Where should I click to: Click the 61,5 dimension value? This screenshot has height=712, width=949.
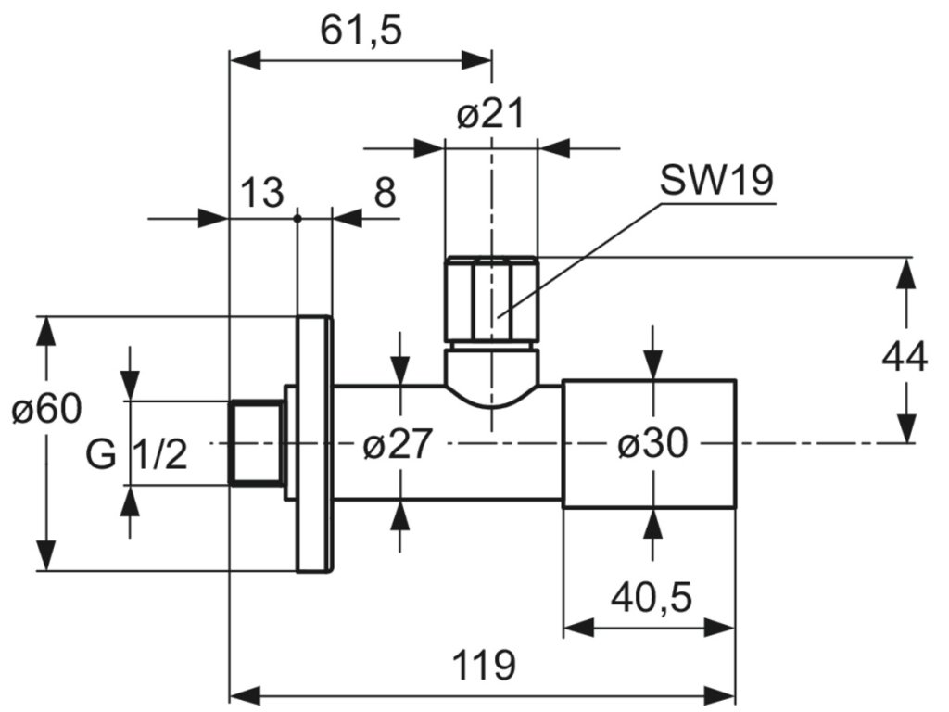[x=361, y=31]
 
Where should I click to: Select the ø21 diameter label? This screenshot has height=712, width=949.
[x=489, y=114]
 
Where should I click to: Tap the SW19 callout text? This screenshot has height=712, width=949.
[x=716, y=181]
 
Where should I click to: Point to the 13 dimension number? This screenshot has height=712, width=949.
[x=262, y=193]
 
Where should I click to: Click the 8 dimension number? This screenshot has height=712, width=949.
[x=385, y=193]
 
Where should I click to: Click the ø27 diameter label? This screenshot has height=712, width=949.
[x=398, y=444]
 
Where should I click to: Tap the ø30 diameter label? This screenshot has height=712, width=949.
[x=653, y=444]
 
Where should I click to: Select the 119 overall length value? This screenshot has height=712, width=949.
[x=484, y=665]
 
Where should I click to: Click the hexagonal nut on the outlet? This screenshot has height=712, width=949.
[x=491, y=299]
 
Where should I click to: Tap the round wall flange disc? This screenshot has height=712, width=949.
[x=314, y=444]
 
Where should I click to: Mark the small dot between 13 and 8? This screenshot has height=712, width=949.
[x=297, y=218]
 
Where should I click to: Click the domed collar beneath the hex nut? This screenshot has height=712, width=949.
[x=491, y=376]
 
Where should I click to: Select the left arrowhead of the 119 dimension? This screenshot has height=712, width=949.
[x=246, y=693]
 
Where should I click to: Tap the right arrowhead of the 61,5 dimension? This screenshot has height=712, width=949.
[x=476, y=60]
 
